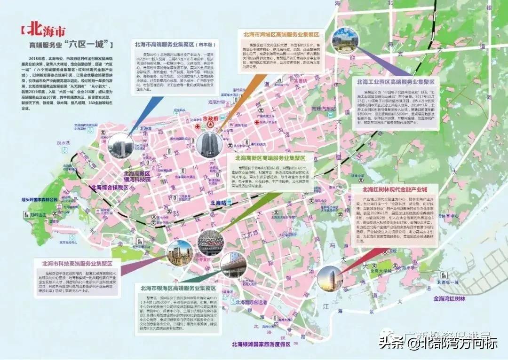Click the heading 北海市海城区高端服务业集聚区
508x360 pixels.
tap(281, 35)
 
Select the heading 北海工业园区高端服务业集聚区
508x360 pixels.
tap(395, 81)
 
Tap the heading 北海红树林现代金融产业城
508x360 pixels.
tap(395, 190)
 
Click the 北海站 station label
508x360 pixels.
tap(219, 203)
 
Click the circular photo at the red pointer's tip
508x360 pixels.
tap(329, 277)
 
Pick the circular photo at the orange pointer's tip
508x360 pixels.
tap(208, 144)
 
